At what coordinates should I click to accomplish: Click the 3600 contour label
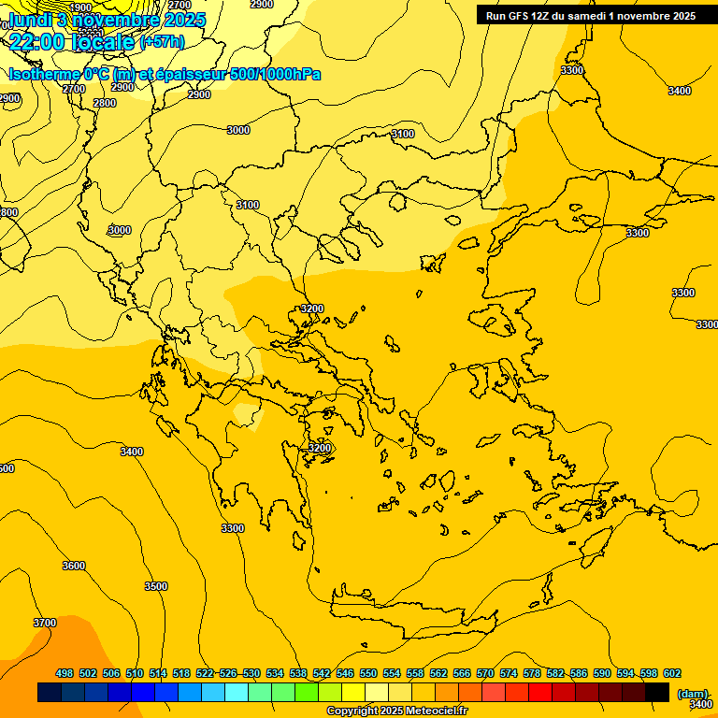(x=73, y=566)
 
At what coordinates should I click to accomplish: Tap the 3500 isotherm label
(x=156, y=586)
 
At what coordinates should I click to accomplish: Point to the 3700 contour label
(x=44, y=623)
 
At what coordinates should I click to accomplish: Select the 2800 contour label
(x=105, y=103)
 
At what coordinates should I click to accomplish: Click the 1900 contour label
(x=81, y=7)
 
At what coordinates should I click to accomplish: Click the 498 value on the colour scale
(x=65, y=673)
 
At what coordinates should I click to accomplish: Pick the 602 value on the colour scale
(x=672, y=673)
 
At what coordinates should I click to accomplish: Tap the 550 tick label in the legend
(x=368, y=673)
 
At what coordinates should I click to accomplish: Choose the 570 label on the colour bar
(x=485, y=673)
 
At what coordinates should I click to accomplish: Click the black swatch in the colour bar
(x=657, y=692)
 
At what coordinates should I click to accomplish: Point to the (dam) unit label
(x=693, y=693)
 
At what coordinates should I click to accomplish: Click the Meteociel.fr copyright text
(x=396, y=711)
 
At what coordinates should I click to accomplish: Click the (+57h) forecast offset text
(x=162, y=42)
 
